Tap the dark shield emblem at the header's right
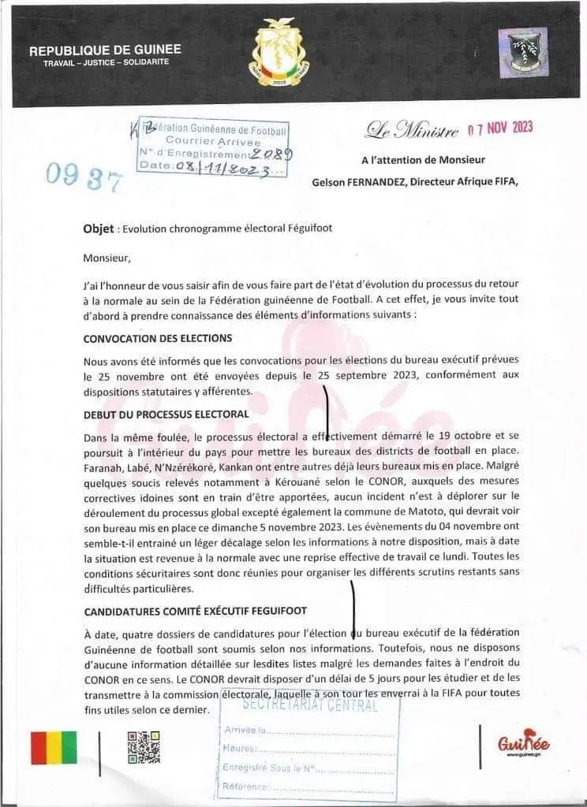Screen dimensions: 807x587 525,53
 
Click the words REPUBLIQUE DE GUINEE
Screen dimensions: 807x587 105,50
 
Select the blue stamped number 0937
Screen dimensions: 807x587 84,177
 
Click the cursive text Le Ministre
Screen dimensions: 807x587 411,130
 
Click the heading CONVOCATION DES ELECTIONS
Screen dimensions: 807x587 158,338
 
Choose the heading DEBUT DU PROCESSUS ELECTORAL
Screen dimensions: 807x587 166,414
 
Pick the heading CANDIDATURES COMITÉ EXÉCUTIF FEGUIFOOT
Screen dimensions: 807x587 195,611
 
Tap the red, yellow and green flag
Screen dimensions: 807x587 54,747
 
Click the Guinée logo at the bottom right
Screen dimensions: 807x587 523,745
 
